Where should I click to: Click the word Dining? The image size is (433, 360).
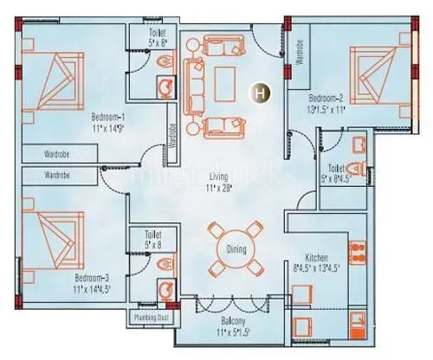237,250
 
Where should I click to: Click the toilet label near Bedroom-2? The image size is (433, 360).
337,173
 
